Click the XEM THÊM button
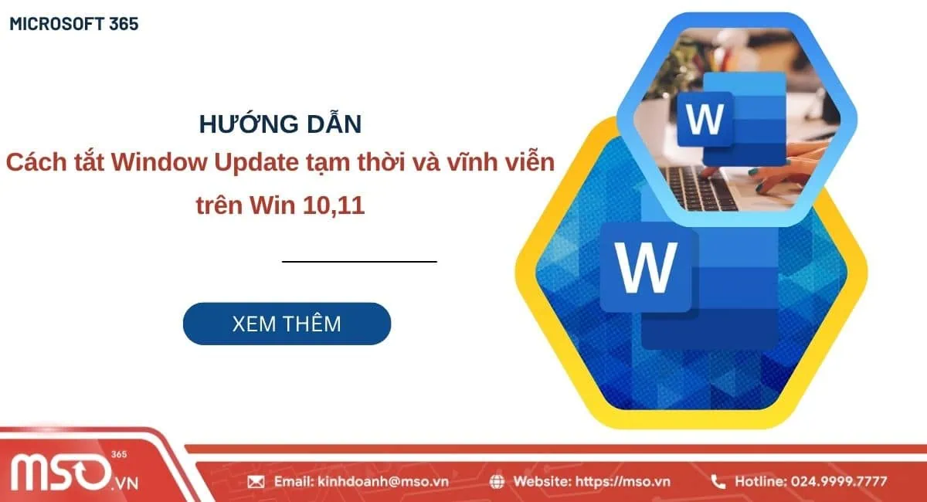click(x=287, y=324)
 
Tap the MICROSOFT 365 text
click(x=74, y=24)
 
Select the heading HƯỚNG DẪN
click(x=280, y=124)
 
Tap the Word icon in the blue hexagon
click(x=705, y=120)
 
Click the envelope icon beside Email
click(x=256, y=482)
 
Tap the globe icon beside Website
click(x=497, y=482)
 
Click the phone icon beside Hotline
click(x=718, y=482)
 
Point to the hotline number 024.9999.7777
click(x=839, y=482)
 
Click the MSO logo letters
click(x=58, y=472)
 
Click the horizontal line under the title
click(x=359, y=262)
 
